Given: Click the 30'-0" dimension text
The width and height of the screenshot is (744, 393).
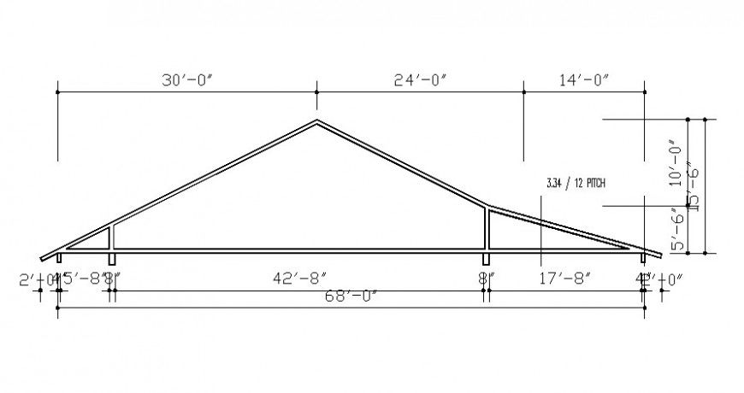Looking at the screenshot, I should point(186,80).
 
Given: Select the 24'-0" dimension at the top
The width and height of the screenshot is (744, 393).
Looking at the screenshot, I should point(421,80).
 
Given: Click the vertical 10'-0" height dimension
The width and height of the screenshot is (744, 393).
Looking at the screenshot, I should point(676,162).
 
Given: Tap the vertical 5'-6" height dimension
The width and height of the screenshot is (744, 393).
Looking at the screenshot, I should point(676,229).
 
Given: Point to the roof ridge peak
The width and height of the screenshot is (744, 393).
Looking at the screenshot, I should point(317,120).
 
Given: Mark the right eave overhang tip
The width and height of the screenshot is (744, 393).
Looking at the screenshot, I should point(659,255).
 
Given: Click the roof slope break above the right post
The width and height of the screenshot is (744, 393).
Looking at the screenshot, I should point(487,206).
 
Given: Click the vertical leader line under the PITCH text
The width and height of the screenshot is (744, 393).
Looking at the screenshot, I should point(541,226).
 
